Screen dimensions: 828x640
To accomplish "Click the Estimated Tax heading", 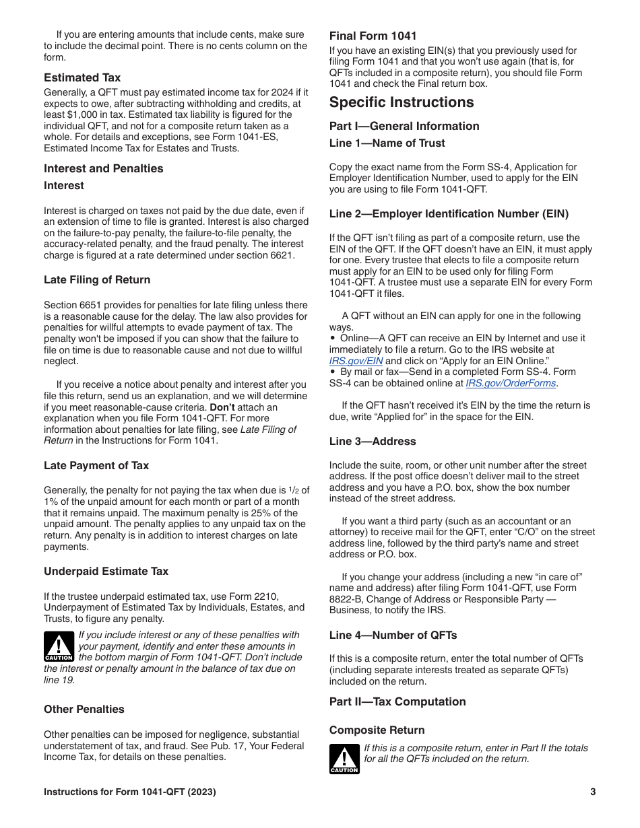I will tap(82, 77).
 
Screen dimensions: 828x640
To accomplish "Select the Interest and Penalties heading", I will tap(104, 168).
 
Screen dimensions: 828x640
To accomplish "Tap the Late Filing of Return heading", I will tap(97, 279).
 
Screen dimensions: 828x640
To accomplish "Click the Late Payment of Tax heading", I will tap(96, 465).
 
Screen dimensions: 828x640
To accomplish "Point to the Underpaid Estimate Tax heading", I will tap(106, 571).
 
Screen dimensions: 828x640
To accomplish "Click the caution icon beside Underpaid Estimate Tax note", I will tap(59, 647).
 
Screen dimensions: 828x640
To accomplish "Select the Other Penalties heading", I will tap(84, 709).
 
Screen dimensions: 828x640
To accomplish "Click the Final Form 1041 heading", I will tap(373, 36).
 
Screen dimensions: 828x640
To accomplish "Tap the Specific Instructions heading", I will tap(402, 102).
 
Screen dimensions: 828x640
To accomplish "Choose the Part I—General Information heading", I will tap(404, 126).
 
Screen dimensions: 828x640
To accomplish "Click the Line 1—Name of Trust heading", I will tap(387, 143).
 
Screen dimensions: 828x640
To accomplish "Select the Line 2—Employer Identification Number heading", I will tap(449, 213).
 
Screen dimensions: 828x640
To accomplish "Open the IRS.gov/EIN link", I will tap(356, 361).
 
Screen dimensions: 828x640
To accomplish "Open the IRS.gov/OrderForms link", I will tap(511, 383).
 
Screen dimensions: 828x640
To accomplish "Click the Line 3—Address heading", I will tap(373, 441).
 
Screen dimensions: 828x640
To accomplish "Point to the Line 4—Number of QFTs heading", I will tap(393, 635).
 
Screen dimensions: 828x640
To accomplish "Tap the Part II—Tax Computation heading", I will tap(397, 701).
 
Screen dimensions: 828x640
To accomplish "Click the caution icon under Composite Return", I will tap(344, 759).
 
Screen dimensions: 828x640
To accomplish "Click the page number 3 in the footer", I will tap(593, 792).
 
